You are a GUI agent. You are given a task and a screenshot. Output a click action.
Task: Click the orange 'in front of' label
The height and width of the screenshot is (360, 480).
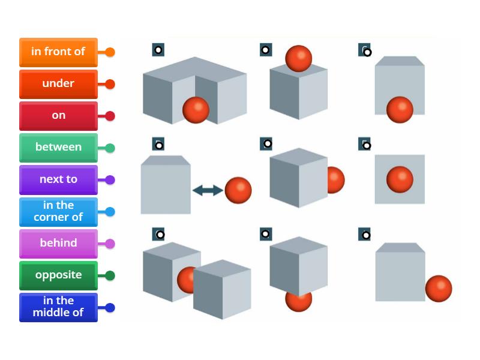(58, 52)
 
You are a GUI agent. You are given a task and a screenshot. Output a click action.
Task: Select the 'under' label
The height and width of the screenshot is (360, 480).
(58, 83)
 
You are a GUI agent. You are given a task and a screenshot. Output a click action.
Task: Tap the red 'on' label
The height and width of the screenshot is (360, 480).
(58, 115)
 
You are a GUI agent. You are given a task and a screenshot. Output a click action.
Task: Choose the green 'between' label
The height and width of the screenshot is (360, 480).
(58, 147)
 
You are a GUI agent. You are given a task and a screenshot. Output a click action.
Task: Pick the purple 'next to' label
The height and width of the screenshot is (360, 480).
(58, 179)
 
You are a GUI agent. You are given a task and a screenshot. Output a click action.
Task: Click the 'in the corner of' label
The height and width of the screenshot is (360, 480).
(58, 211)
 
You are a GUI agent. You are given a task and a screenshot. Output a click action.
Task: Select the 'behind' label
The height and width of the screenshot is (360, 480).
(58, 243)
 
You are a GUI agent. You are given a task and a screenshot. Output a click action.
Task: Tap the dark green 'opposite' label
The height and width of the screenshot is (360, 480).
(58, 275)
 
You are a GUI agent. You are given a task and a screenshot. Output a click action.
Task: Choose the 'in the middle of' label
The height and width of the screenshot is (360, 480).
(58, 307)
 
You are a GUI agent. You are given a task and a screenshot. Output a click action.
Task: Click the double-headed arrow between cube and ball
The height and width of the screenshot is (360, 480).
(208, 191)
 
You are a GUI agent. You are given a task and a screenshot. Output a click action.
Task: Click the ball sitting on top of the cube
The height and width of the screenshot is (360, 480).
(298, 58)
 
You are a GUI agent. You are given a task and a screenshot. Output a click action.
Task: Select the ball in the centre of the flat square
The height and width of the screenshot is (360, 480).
(400, 179)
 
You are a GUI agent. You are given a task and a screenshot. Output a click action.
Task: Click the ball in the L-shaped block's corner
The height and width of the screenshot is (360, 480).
(196, 110)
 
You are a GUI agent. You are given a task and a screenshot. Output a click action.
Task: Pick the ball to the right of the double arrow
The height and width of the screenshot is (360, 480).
(238, 191)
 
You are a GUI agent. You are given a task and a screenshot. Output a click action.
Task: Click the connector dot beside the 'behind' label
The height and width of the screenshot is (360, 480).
(110, 244)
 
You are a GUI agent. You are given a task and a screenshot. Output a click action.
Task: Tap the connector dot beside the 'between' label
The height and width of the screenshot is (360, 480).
(110, 148)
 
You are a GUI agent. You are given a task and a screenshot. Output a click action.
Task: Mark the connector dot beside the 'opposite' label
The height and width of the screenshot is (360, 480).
(110, 275)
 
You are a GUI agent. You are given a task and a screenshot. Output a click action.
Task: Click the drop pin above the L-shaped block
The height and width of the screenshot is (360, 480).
(158, 50)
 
